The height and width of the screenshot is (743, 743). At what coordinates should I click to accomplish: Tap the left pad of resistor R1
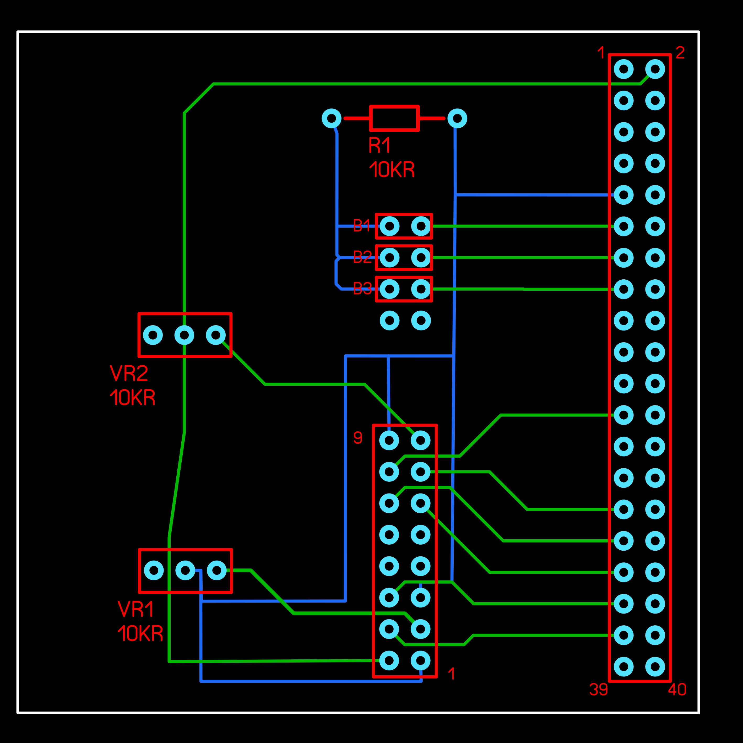[x=331, y=118]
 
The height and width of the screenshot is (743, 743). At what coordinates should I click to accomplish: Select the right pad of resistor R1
[x=457, y=118]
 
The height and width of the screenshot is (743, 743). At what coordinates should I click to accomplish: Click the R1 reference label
[x=379, y=145]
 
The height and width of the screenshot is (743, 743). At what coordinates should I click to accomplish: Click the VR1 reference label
[x=136, y=609]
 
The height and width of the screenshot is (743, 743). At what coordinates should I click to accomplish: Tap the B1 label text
[x=361, y=226]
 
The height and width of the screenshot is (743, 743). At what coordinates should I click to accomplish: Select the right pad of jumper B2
[x=421, y=258]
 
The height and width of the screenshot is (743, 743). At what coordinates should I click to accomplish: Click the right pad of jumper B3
[x=421, y=289]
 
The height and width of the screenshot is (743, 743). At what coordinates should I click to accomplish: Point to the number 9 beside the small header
[x=358, y=438]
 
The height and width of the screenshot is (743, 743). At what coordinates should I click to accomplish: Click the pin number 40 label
[x=677, y=690]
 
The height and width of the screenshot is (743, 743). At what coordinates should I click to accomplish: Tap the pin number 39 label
[x=599, y=690]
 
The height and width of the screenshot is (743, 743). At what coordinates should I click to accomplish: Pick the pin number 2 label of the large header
[x=680, y=53]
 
